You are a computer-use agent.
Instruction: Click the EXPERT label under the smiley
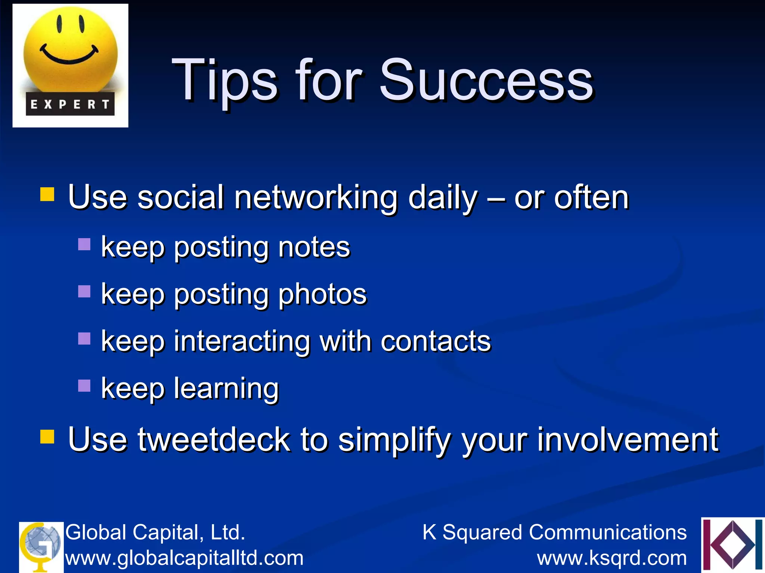click(70, 104)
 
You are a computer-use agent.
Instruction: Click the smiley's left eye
click(59, 24)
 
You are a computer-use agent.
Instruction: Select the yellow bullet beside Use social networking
click(47, 194)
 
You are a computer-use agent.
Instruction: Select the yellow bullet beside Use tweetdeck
click(47, 436)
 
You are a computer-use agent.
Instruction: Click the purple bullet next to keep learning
click(84, 385)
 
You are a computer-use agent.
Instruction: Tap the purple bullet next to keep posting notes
click(84, 244)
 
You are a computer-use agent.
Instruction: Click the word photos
click(322, 295)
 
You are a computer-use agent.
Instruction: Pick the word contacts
click(436, 341)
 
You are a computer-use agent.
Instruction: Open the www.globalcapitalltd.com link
click(185, 558)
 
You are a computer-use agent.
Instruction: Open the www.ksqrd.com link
click(612, 558)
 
